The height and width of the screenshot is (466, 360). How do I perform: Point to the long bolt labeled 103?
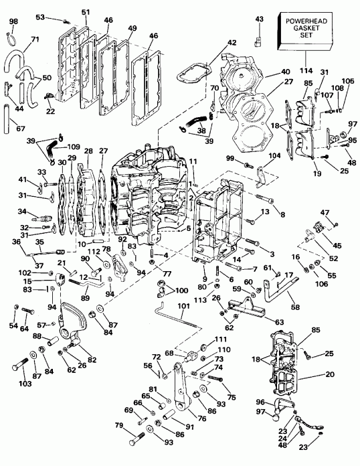tap(21, 367)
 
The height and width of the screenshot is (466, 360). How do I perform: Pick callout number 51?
tap(85, 11)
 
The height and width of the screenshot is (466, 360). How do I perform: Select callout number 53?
tap(58, 16)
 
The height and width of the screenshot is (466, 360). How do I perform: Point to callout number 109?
tap(73, 145)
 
